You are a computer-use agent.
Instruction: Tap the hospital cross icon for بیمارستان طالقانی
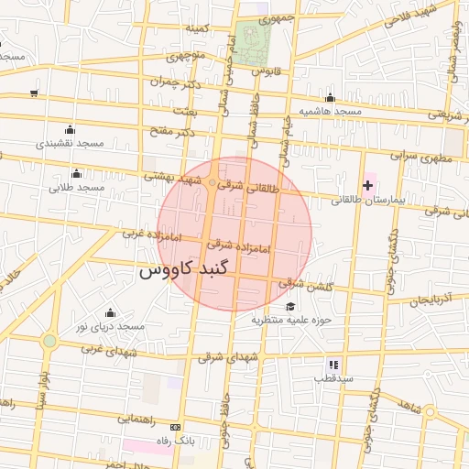pyautogui.click(x=368, y=186)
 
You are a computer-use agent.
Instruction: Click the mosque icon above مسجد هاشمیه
pyautogui.click(x=330, y=98)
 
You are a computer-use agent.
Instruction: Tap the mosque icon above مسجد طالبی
pyautogui.click(x=76, y=173)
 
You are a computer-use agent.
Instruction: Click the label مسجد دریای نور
pyautogui.click(x=110, y=326)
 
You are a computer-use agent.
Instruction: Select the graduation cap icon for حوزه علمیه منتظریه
pyautogui.click(x=290, y=307)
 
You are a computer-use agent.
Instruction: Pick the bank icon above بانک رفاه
pyautogui.click(x=175, y=427)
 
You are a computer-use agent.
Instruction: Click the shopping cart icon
pyautogui.click(x=34, y=93)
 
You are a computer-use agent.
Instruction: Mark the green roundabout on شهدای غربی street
pyautogui.click(x=49, y=341)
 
